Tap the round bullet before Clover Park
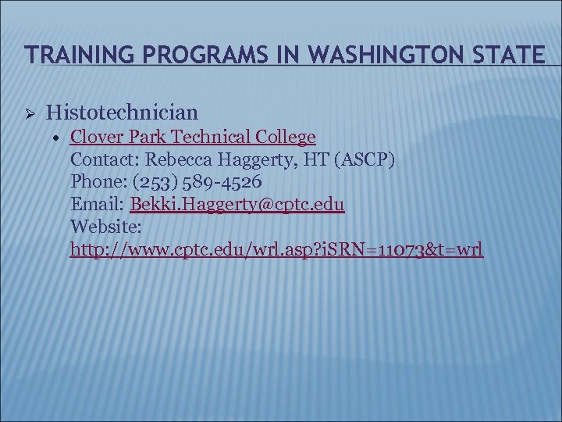(59, 138)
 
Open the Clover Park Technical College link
(193, 138)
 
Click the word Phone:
(94, 183)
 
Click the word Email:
(98, 205)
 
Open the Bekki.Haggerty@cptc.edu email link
(238, 205)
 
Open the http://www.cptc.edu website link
(276, 250)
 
